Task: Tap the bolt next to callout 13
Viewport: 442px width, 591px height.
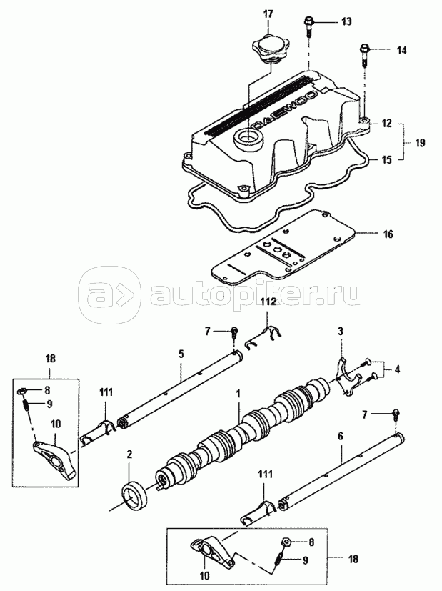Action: [308, 26]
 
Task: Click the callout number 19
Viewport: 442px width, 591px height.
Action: [419, 143]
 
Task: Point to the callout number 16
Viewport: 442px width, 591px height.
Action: [388, 234]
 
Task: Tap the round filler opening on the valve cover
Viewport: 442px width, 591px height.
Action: [247, 140]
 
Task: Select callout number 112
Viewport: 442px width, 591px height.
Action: [270, 312]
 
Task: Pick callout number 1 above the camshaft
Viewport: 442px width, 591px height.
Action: [238, 394]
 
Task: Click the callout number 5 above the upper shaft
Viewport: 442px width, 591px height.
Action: [181, 354]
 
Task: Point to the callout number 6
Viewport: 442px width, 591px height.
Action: [341, 436]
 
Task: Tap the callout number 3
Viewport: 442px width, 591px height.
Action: [341, 332]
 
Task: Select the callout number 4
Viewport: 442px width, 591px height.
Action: [396, 369]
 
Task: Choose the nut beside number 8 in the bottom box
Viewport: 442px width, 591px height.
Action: [285, 542]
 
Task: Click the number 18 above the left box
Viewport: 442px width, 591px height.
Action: [50, 359]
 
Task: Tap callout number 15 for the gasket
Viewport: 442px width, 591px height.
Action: [387, 160]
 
